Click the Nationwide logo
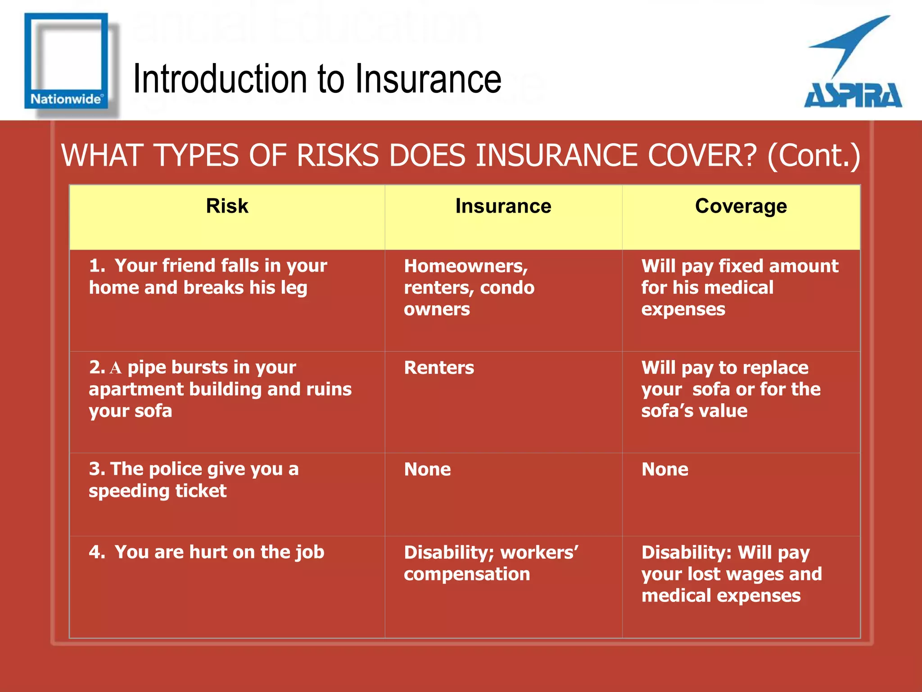tap(66, 61)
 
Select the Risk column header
tap(227, 206)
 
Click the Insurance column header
tap(503, 206)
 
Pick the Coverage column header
tap(741, 206)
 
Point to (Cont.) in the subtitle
tap(814, 155)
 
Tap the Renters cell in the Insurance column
tap(439, 368)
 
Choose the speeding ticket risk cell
tap(194, 480)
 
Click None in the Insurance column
tap(427, 469)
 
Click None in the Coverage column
tap(664, 469)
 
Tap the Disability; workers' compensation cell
tap(491, 563)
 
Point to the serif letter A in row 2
tap(116, 368)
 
